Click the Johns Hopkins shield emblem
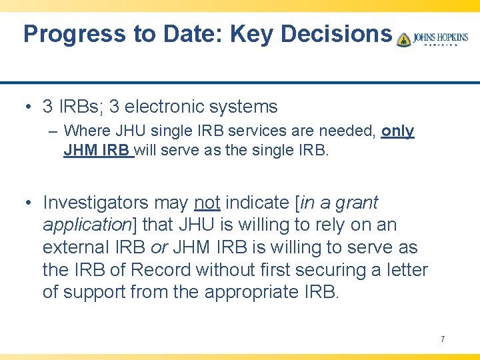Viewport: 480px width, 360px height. pos(403,39)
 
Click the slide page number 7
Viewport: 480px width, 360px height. pos(442,339)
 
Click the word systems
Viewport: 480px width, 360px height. pos(248,107)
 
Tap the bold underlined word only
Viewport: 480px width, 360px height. pos(397,131)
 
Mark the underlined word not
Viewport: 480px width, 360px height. pos(207,202)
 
